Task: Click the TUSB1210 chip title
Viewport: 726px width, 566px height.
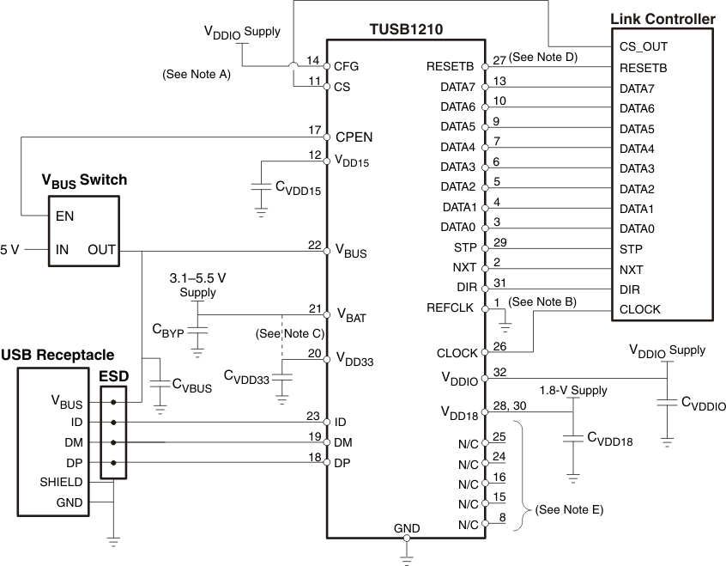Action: pos(406,30)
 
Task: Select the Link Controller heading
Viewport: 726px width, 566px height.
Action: pos(662,18)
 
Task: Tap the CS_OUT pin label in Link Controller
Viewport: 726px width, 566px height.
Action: pos(643,46)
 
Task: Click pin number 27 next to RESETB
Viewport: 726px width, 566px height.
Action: pos(499,60)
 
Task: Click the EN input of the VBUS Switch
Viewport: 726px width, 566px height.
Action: pos(64,216)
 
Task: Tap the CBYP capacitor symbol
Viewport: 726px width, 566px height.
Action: pos(197,331)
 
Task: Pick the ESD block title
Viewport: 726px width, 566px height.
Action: pos(113,376)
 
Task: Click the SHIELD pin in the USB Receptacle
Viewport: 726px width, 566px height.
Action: pos(61,483)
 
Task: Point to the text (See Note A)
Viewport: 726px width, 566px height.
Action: pos(196,75)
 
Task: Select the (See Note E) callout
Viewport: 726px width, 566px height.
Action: pos(568,509)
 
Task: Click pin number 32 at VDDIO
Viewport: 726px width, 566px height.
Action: pos(500,372)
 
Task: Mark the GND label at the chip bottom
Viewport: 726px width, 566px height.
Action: pos(406,527)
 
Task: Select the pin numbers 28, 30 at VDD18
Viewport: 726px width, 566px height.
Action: pos(506,405)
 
